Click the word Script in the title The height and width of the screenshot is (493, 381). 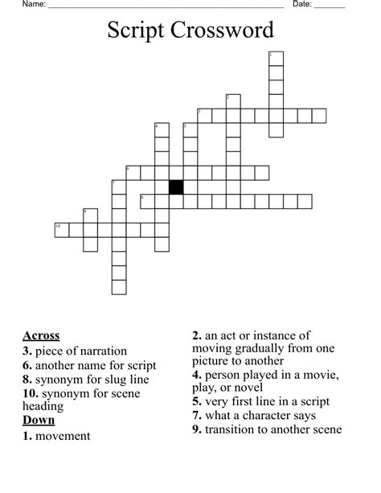pyautogui.click(x=133, y=31)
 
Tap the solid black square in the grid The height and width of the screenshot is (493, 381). pyautogui.click(x=176, y=187)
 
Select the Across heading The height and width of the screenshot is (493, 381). pyautogui.click(x=41, y=335)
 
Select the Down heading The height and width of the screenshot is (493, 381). pyautogui.click(x=39, y=420)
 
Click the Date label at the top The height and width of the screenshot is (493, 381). pyautogui.click(x=301, y=5)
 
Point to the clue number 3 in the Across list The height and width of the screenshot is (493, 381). pyautogui.click(x=27, y=351)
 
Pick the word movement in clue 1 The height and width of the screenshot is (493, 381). pyautogui.click(x=63, y=436)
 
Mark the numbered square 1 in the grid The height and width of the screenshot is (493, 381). pyautogui.click(x=276, y=58)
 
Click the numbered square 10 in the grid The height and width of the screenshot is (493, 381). pyautogui.click(x=61, y=230)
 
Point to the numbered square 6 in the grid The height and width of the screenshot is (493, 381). pyautogui.click(x=133, y=172)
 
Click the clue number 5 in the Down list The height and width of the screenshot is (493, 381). pyautogui.click(x=196, y=402)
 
